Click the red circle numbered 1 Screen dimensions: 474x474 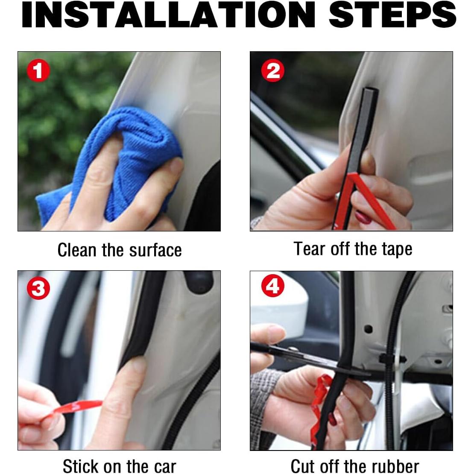click(x=38, y=70)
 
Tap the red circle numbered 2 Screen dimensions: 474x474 click(x=273, y=70)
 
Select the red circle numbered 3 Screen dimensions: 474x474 click(x=38, y=288)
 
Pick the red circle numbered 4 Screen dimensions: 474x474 click(x=273, y=286)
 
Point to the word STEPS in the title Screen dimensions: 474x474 click(x=392, y=15)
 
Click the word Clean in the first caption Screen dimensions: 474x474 click(x=77, y=250)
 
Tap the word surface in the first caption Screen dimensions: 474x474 click(x=155, y=250)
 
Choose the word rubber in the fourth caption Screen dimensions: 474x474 click(x=395, y=466)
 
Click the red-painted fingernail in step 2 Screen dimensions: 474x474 click(x=363, y=217)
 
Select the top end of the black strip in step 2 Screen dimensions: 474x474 click(x=371, y=90)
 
